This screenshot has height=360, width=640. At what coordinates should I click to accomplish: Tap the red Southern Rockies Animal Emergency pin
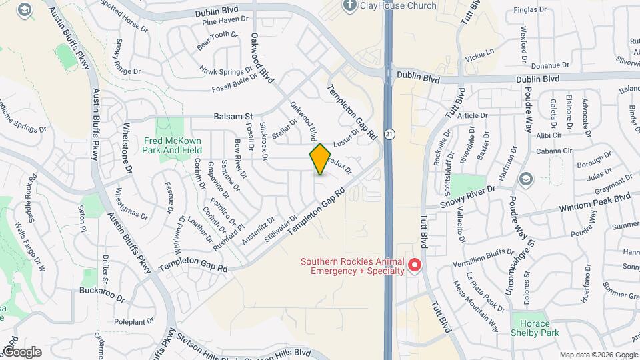(x=415, y=266)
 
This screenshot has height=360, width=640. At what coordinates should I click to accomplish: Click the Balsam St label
(x=233, y=116)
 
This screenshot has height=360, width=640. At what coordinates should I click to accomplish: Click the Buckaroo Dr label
(x=102, y=292)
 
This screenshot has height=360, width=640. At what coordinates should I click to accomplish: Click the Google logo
(x=22, y=352)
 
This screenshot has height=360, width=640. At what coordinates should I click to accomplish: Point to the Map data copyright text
(x=598, y=355)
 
